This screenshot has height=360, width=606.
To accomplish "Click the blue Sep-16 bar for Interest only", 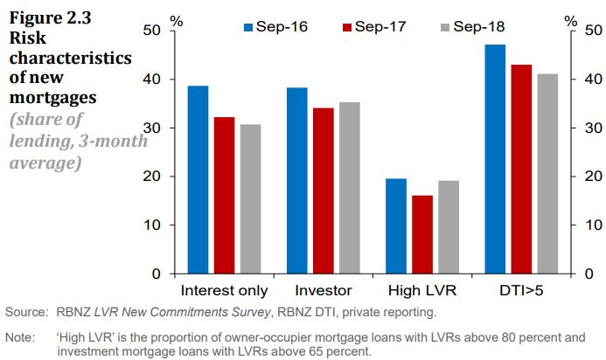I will coord(198,180).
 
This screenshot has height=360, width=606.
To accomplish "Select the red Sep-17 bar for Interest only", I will coord(224,196).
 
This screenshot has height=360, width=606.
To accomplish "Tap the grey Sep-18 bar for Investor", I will coord(350,188).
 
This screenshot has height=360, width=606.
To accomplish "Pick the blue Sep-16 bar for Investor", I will coord(296,181).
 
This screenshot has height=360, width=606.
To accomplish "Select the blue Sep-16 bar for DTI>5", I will coord(495,159).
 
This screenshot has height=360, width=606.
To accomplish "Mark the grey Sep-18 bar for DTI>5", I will coord(547,174).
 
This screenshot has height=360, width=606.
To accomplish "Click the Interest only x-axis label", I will coord(224,290).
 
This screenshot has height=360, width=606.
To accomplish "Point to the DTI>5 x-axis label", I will coord(521,290).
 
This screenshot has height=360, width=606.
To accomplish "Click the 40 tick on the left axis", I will coord(155,80).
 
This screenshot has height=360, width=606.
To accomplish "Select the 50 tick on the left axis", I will coord(155,31).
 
